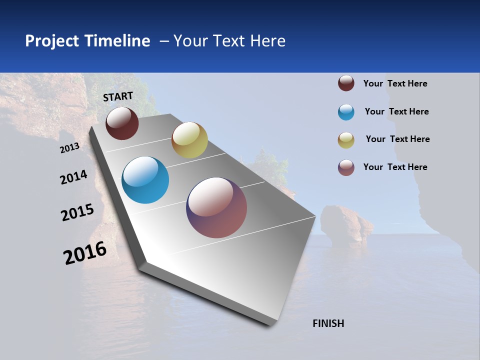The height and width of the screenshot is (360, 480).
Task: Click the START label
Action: tap(118, 96)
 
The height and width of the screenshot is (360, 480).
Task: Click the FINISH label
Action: tap(328, 323)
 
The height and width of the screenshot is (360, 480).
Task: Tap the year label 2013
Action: tap(70, 148)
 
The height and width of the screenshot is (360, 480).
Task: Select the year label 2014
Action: tap(74, 177)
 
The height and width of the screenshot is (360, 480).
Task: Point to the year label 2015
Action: tap(77, 212)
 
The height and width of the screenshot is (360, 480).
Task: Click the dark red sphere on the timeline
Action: tap(122, 123)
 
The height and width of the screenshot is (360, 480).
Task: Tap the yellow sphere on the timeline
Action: tap(189, 140)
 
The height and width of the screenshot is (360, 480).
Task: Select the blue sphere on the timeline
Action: tap(145, 180)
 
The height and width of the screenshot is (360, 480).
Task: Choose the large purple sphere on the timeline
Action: tap(216, 207)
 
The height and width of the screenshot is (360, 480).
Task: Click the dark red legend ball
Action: tap(346, 83)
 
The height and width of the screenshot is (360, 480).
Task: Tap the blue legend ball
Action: tap(346, 112)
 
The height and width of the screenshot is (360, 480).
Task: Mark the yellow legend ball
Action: tap(346, 140)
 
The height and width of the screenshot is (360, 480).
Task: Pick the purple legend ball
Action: tap(346, 167)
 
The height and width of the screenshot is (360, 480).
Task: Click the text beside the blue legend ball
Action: tap(396, 111)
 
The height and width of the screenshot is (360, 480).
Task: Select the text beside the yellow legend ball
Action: tap(397, 139)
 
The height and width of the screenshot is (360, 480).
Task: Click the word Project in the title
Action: tap(51, 41)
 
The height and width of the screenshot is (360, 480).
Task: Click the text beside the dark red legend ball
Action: tap(395, 83)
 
